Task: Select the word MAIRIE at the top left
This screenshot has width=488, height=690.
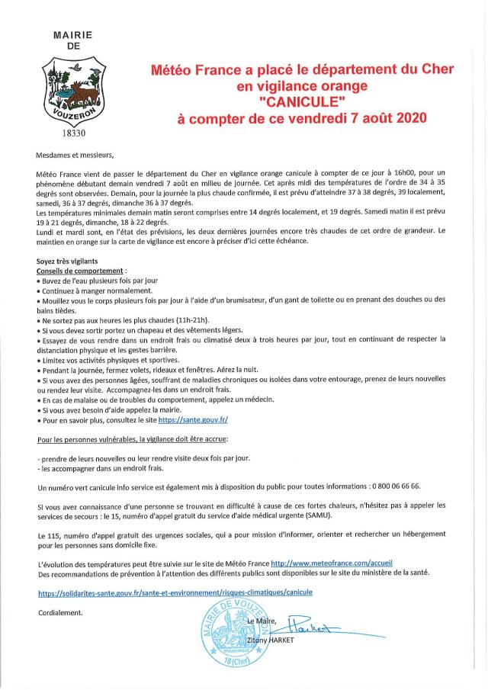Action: click(74, 35)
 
